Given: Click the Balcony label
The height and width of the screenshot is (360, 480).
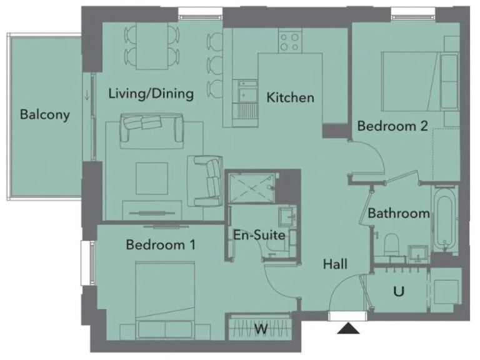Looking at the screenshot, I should [x=44, y=115].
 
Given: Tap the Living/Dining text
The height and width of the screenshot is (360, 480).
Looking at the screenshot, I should [x=151, y=94].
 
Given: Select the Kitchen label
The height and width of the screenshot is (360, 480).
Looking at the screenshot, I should [x=290, y=97].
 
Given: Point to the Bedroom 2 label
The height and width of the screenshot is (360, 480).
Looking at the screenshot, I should [x=392, y=126].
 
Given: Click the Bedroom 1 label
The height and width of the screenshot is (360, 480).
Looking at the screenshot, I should [x=161, y=244].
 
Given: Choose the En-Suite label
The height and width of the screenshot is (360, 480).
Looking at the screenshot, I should [x=259, y=236].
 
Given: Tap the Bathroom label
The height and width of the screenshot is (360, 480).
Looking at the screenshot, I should [x=398, y=213].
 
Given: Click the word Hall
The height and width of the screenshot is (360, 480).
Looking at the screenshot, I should [x=335, y=264].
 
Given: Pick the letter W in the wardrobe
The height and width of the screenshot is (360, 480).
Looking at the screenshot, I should [x=261, y=328].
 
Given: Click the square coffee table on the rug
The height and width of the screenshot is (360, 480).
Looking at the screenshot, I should [x=152, y=178].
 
